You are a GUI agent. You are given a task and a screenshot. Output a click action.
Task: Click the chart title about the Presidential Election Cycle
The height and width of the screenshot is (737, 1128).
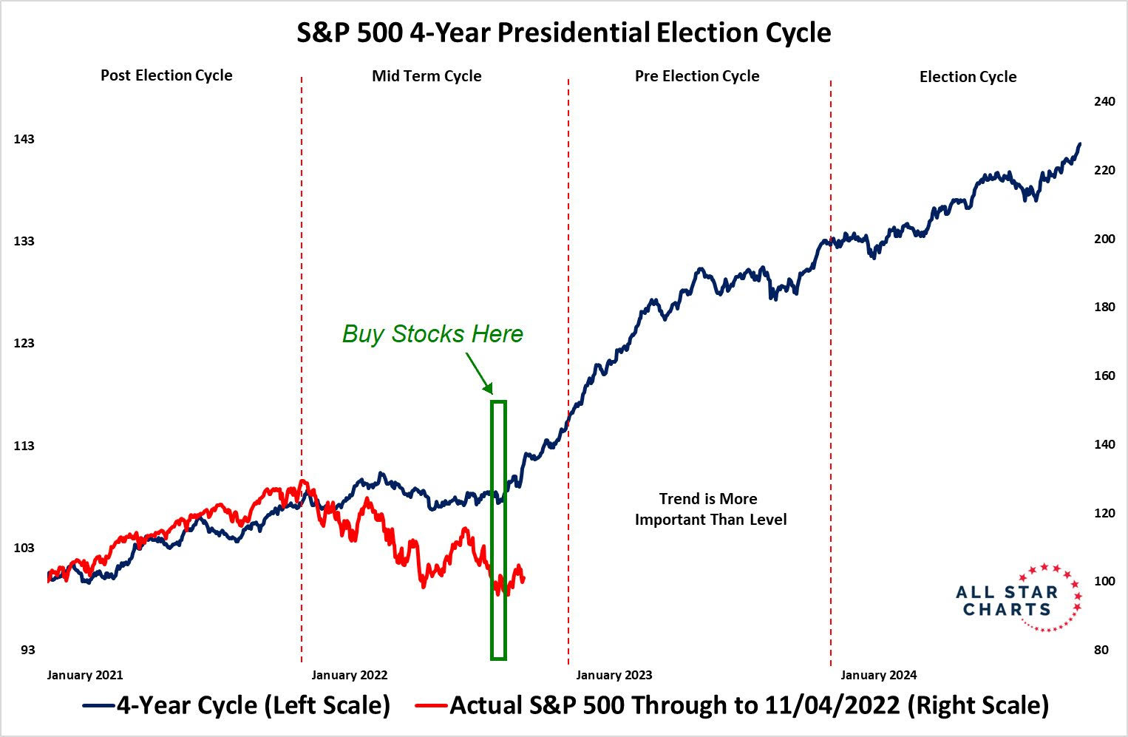pos(563,33)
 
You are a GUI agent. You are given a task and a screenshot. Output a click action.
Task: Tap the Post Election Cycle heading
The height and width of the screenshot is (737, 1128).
pos(166,75)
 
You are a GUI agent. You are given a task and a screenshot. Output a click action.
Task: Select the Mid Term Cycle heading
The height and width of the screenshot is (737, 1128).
pos(427,76)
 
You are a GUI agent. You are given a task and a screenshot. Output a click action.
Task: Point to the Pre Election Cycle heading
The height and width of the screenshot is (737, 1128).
pos(697,76)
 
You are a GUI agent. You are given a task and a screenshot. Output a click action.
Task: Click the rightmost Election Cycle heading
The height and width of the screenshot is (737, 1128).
pos(968,77)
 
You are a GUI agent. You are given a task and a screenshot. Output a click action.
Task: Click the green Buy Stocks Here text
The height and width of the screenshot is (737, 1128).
pos(432,333)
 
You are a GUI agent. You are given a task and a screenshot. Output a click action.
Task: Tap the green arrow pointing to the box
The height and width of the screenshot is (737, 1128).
pos(478,373)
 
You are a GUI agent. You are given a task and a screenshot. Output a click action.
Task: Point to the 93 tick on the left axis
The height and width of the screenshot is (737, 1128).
pos(27,650)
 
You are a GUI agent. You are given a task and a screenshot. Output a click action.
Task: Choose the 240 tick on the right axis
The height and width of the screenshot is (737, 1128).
pos(1104,101)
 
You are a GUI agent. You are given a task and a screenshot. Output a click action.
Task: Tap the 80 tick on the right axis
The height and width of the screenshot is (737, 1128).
pos(1101,650)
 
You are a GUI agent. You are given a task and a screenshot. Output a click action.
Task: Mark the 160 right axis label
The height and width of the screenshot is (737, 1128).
pos(1104,376)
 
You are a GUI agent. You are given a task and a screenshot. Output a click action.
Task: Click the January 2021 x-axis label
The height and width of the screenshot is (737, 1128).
pos(85,675)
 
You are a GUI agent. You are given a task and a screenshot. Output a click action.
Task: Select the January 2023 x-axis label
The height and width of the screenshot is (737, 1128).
pos(614,675)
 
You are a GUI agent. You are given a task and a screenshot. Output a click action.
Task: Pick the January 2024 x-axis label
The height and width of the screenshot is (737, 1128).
pos(879,675)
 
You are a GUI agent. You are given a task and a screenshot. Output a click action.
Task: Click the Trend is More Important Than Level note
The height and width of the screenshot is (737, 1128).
pos(710,509)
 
